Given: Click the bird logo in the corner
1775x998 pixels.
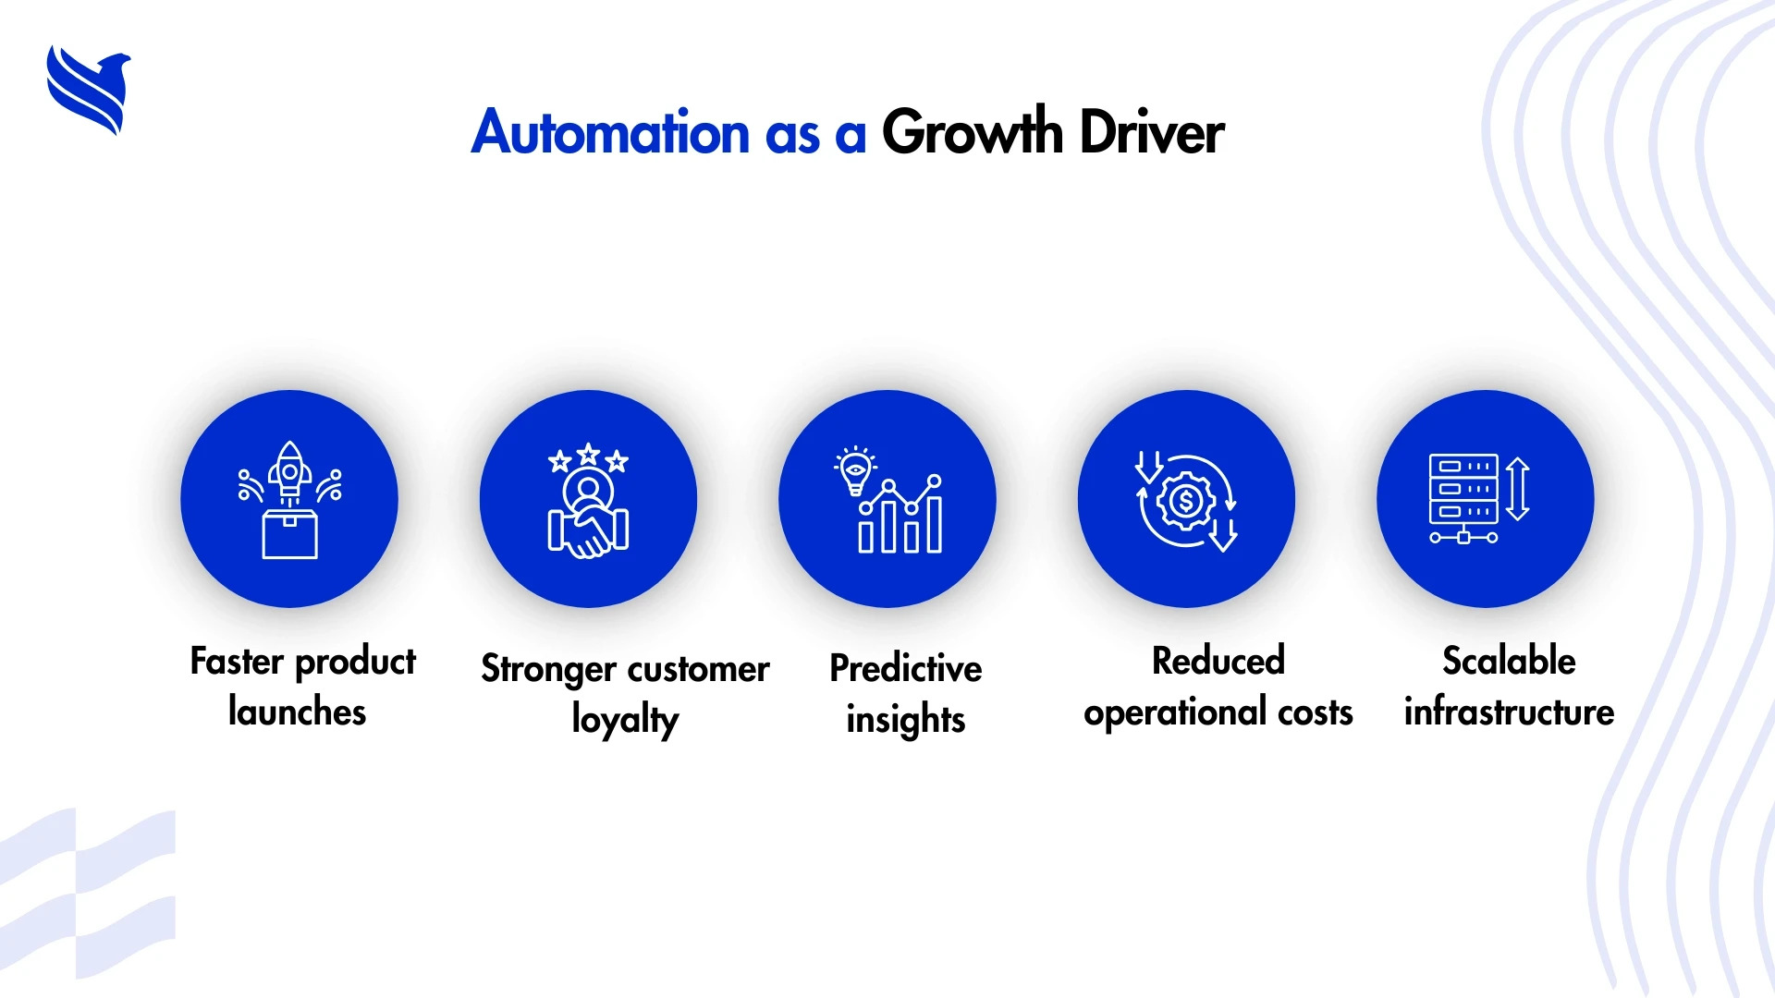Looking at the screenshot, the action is tap(89, 90).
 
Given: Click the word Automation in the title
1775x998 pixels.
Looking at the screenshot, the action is tap(610, 132).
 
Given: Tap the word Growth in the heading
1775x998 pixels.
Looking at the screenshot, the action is tap(973, 132).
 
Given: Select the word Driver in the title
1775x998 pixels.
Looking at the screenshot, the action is tap(1152, 132).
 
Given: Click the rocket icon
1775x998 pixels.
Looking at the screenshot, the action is tap(289, 473).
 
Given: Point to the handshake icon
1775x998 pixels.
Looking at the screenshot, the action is tap(588, 530).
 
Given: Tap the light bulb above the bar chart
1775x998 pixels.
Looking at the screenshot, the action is tap(855, 471).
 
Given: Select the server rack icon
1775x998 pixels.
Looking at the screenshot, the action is tap(1463, 498).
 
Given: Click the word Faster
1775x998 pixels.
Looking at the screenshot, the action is tap(237, 662).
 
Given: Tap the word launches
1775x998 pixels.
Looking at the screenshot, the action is tap(297, 712).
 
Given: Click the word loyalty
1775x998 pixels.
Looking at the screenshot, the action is tap(625, 720).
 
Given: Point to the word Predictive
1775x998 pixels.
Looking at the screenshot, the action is tap(906, 668).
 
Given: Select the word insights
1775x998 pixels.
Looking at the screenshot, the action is tap(906, 720).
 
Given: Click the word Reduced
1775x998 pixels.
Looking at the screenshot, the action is tap(1218, 661).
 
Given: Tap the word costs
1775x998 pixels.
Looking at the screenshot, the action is tap(1316, 712).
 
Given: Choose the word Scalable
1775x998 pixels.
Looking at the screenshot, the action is tap(1510, 661).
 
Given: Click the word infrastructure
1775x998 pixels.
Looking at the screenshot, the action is tap(1510, 712).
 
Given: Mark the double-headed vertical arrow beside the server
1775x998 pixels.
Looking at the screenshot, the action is tap(1518, 489).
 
